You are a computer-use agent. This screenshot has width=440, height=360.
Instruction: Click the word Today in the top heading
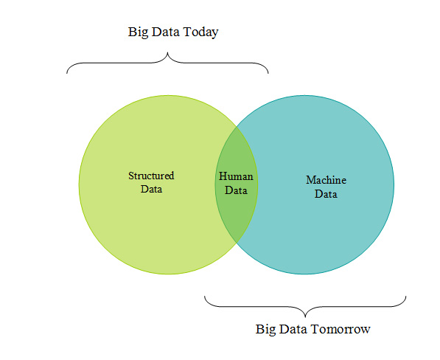point(200,32)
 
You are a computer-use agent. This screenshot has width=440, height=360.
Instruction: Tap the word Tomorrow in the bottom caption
point(341,329)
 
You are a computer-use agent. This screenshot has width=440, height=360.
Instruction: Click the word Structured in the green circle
point(151,176)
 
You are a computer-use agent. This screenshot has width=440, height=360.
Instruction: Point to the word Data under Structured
point(151,189)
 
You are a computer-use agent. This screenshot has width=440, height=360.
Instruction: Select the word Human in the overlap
point(236,176)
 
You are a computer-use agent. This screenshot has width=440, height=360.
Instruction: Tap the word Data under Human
point(236,190)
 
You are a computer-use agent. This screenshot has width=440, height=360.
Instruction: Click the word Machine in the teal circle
point(326,180)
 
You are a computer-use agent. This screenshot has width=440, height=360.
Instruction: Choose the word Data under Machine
point(326,194)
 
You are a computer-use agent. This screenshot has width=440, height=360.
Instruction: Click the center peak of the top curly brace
point(167,52)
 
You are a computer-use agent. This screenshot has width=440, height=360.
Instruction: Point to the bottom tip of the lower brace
point(305,317)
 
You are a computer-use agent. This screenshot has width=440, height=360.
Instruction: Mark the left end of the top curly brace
point(67,73)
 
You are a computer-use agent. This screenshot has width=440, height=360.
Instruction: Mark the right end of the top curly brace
point(268,73)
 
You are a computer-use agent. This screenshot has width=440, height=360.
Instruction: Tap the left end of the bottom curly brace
point(205,296)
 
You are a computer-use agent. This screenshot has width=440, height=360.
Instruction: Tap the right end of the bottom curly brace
point(406,296)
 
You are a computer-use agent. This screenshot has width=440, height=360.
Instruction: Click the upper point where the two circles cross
point(237,126)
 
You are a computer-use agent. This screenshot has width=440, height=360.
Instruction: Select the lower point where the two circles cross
point(237,243)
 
